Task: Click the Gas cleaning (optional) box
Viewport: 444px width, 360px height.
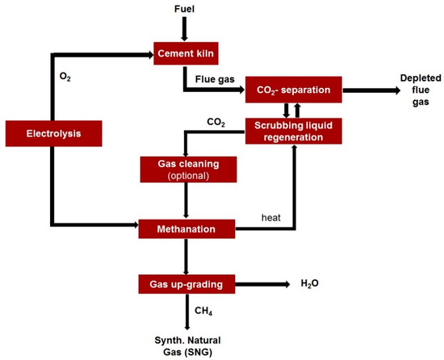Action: (186, 168)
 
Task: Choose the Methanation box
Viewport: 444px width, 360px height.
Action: (186, 229)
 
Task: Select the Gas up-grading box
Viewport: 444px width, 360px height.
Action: (186, 284)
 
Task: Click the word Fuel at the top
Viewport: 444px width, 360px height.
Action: (186, 9)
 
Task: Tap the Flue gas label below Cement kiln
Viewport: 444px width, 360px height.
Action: (213, 80)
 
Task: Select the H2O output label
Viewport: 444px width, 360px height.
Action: (310, 284)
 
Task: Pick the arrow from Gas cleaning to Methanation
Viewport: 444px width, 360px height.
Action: (186, 199)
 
